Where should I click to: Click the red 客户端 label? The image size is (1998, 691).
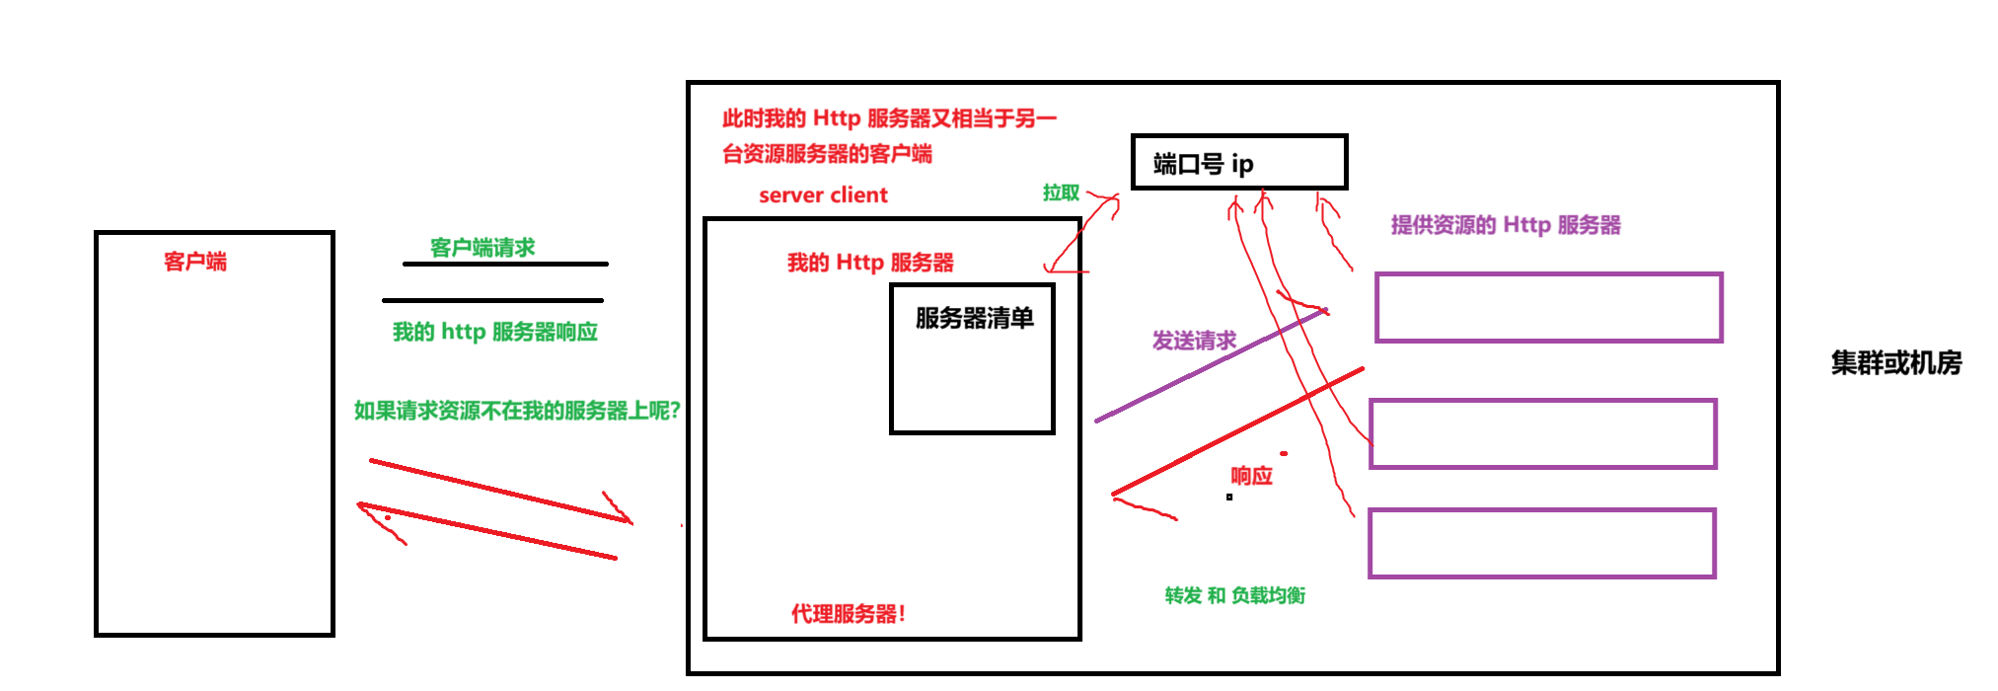coord(194,262)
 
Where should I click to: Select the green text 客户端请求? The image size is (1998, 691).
coord(482,247)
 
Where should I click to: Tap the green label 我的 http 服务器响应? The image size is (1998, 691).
coord(495,332)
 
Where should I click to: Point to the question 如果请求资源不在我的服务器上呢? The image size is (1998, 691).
coord(517,411)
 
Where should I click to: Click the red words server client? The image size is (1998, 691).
coord(823,195)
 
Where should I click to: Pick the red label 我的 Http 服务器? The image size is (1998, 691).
coord(870,263)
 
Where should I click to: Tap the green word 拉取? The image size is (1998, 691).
coord(1061,192)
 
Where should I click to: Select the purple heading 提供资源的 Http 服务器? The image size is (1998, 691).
coord(1506,225)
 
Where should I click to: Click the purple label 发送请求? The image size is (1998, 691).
coord(1194,342)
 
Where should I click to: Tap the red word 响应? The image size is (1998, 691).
coord(1251,476)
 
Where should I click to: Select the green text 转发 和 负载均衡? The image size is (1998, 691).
coord(1234,595)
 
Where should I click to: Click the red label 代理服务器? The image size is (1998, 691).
coord(848,614)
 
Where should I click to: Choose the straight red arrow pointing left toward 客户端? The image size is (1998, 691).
coord(488,532)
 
